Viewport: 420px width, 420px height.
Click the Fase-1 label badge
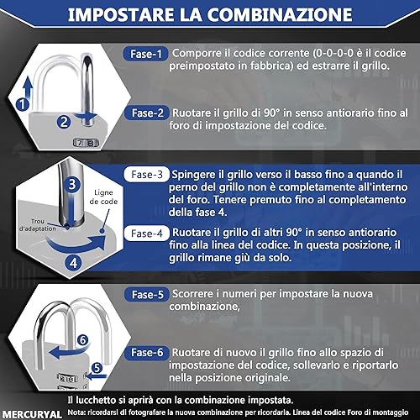(145, 54)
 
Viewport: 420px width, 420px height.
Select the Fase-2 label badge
(147, 113)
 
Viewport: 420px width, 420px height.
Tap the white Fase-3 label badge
(147, 175)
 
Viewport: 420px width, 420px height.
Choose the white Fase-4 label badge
(147, 234)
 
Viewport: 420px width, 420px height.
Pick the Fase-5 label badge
(147, 294)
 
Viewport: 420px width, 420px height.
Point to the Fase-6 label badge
(147, 353)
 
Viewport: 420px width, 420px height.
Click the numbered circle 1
(23, 104)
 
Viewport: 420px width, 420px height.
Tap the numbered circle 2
(64, 122)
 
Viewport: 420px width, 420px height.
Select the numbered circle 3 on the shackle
(72, 184)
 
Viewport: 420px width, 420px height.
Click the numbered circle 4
(73, 263)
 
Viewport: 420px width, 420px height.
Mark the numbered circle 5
(97, 368)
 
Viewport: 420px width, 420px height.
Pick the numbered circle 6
(82, 340)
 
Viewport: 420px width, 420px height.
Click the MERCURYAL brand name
(32, 414)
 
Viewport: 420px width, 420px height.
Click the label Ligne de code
(103, 197)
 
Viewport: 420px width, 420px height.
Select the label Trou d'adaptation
(37, 225)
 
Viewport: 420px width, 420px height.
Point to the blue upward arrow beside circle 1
(27, 88)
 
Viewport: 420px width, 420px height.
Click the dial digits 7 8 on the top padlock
(86, 143)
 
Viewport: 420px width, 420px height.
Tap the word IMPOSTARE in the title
(121, 14)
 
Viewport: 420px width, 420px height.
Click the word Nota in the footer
(76, 412)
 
